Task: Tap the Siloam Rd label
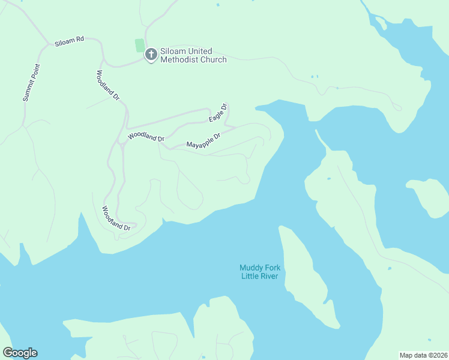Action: (69, 41)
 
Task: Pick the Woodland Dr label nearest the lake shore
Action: (115, 219)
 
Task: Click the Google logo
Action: (20, 353)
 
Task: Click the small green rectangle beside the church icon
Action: (140, 45)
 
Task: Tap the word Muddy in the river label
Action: (252, 268)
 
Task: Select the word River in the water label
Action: (270, 276)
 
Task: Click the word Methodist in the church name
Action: (177, 59)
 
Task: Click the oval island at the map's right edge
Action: (430, 197)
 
